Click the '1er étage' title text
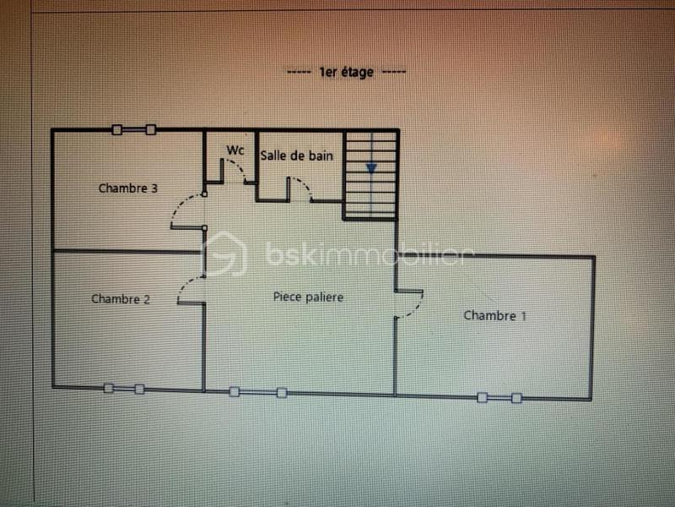click(346, 73)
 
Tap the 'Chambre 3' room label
click(128, 188)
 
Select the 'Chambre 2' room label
click(121, 298)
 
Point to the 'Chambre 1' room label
click(495, 316)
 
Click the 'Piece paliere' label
click(308, 297)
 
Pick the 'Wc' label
click(235, 150)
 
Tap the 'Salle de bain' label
click(296, 155)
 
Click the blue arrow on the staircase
click(370, 168)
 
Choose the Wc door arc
click(237, 172)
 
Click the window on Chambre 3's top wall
click(133, 129)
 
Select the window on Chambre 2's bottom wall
click(124, 389)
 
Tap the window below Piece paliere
click(257, 392)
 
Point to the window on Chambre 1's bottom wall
click(499, 397)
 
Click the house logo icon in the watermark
click(225, 253)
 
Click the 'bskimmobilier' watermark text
click(364, 253)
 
